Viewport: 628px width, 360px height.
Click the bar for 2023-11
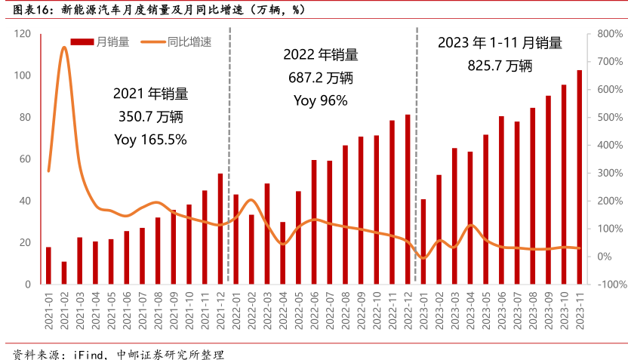[579, 177]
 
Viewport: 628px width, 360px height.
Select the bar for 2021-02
[64, 272]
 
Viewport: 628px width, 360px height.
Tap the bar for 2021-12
[220, 229]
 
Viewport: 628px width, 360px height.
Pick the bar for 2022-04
[282, 253]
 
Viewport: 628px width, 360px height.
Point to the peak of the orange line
[64, 48]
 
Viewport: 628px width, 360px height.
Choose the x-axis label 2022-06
[313, 307]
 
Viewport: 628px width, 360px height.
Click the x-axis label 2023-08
[532, 307]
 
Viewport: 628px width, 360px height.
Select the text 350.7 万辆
[150, 117]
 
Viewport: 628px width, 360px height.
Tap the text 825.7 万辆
[500, 66]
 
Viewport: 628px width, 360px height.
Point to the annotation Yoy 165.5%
[150, 140]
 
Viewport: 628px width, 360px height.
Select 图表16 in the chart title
[27, 10]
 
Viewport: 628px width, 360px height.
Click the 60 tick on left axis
[25, 158]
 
